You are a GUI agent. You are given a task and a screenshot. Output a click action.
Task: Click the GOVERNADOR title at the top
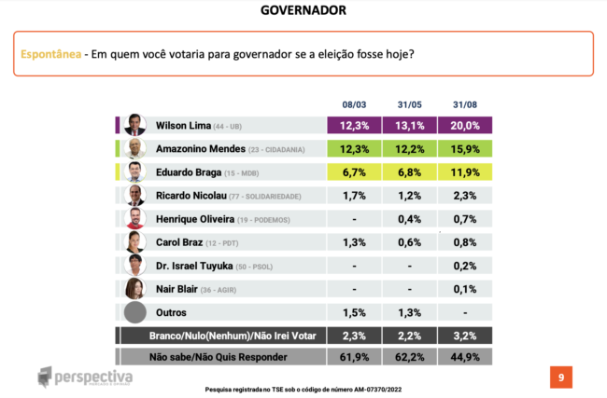303,10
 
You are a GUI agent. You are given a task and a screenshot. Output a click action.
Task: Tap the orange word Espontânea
49,54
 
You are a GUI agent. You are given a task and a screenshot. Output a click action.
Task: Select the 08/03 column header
353,105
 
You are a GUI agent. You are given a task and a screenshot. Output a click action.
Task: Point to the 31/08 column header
464,105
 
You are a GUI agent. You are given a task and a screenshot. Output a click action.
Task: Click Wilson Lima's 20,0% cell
465,125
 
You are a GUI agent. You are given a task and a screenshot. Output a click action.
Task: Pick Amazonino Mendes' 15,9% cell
465,148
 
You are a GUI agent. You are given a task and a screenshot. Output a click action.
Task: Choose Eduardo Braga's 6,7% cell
353,172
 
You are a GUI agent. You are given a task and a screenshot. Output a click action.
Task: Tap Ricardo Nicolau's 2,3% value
465,196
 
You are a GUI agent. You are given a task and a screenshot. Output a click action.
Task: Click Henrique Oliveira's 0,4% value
409,219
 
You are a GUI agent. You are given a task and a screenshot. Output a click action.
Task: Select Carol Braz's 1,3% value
353,242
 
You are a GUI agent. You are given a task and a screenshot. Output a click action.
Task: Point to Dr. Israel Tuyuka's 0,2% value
465,266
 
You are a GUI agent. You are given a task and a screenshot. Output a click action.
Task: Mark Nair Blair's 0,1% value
465,289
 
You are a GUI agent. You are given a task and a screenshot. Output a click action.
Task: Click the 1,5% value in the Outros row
353,312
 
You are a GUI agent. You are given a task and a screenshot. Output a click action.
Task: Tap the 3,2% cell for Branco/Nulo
465,336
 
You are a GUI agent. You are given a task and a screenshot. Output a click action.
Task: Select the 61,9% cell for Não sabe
353,356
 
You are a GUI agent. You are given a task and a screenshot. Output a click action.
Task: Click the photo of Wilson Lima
134,125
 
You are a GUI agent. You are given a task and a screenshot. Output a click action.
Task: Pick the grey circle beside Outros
136,312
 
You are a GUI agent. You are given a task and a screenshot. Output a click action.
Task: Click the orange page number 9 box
560,377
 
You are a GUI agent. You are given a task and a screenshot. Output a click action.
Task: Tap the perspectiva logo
86,377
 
